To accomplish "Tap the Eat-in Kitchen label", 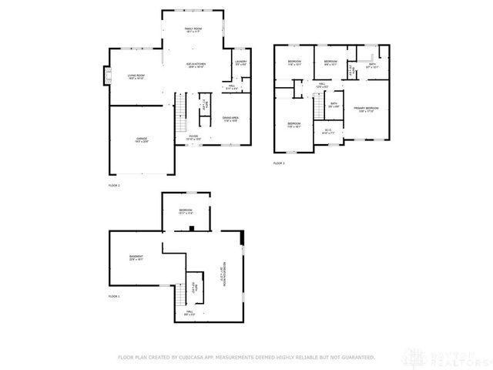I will click(196, 65).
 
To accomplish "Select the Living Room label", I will click(136, 76).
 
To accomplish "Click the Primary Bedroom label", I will click(366, 109).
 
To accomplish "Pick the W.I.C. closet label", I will click(327, 131).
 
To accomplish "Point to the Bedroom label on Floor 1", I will click(186, 211).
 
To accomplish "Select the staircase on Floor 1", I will click(183, 297).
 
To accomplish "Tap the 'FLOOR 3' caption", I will click(279, 163).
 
